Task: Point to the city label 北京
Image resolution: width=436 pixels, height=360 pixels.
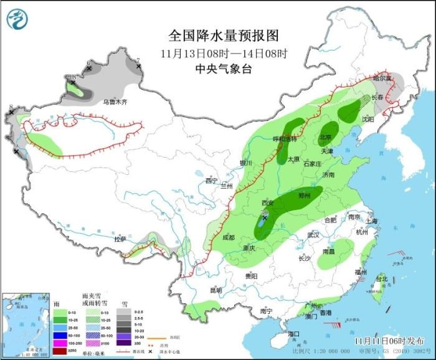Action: tap(326, 138)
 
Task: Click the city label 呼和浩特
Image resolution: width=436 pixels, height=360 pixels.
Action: tap(286, 140)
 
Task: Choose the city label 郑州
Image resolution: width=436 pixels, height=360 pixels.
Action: tap(305, 195)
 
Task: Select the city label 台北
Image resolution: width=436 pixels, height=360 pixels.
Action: tap(381, 278)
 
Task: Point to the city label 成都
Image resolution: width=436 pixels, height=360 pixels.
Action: tap(228, 237)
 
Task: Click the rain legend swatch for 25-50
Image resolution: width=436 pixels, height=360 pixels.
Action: tap(60, 327)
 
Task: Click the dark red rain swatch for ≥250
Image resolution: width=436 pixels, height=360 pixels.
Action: tap(60, 349)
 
